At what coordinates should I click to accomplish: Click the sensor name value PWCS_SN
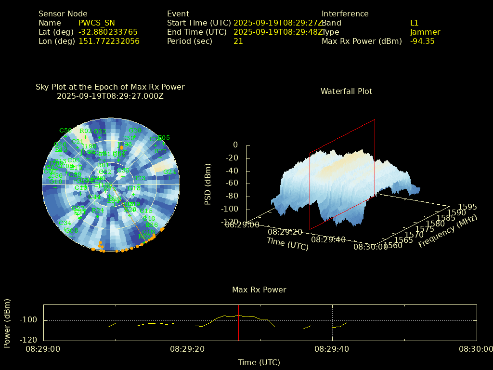click(x=97, y=23)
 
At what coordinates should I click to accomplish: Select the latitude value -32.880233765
click(x=108, y=32)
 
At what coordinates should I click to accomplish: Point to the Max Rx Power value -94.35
click(x=422, y=41)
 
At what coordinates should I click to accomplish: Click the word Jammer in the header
click(x=425, y=32)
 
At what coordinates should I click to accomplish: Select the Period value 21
click(x=238, y=41)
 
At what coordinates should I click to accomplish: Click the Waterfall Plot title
click(x=346, y=91)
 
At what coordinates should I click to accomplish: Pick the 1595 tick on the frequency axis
click(x=467, y=207)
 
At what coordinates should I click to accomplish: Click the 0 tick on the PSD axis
click(x=235, y=145)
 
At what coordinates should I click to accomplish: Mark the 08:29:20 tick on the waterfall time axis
click(x=285, y=232)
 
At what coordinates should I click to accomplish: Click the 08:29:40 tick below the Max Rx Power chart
click(x=332, y=349)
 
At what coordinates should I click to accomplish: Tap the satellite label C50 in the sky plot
click(x=65, y=131)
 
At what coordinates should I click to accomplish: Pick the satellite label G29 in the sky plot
click(x=135, y=131)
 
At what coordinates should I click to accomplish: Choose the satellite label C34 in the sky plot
click(x=65, y=223)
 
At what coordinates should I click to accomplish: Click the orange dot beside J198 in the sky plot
click(x=121, y=147)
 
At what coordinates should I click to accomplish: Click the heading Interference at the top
click(x=345, y=13)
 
